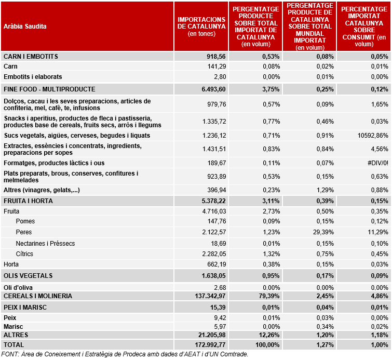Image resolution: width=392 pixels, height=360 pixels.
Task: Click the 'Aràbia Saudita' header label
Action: (25, 26)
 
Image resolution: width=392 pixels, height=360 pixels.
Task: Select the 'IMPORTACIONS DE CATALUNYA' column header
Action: (201, 23)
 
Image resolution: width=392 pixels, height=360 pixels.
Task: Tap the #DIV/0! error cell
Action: (378, 163)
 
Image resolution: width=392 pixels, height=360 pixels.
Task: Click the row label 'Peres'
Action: (24, 232)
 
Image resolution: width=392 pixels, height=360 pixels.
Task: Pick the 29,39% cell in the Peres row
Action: (323, 232)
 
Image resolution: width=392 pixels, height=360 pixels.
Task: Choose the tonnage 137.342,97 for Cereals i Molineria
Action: (210, 296)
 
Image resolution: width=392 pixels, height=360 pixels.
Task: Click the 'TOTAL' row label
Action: (13, 345)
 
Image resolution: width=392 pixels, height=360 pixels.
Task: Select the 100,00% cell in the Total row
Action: (267, 345)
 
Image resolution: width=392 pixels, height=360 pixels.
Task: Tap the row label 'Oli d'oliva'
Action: (18, 288)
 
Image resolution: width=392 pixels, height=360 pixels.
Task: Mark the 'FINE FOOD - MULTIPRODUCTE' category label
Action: (49, 89)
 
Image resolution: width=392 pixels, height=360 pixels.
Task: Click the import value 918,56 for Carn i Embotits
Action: (216, 57)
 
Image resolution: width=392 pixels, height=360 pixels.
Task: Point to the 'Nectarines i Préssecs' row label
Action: (45, 244)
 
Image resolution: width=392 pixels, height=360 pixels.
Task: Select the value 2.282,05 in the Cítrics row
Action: (214, 254)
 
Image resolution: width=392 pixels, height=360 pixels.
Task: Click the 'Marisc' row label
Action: (13, 327)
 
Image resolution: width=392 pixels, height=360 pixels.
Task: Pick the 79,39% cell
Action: (269, 296)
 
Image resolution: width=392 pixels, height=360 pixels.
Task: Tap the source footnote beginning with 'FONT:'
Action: (125, 354)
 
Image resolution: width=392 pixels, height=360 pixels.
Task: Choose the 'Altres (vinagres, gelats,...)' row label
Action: (42, 190)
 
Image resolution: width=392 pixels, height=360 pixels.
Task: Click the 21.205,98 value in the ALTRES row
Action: (212, 335)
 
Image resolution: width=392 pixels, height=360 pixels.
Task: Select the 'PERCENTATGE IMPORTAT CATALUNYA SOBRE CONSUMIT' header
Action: (364, 26)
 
